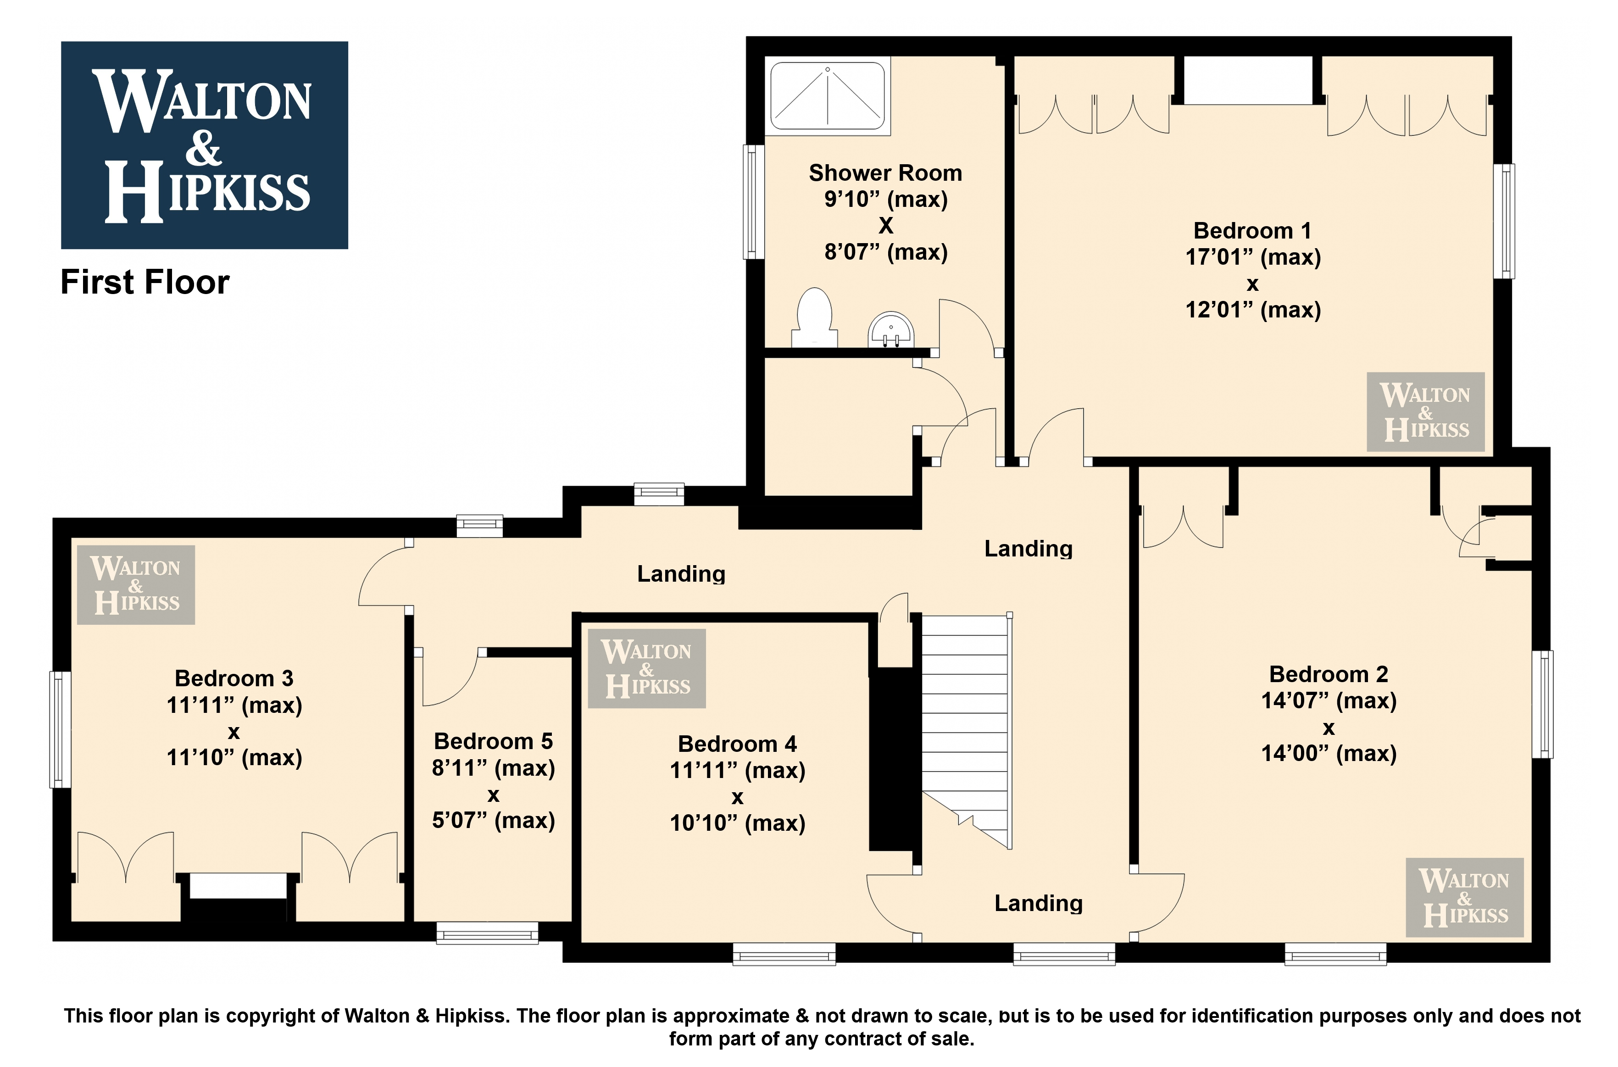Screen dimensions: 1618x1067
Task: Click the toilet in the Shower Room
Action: coord(814,317)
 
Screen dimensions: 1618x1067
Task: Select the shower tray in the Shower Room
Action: coord(828,95)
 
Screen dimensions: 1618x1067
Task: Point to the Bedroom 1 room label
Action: coord(1253,231)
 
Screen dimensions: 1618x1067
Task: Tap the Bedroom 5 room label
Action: coord(493,741)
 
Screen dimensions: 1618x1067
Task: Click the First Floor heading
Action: coord(145,282)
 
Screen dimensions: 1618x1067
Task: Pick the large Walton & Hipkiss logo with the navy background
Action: coord(205,145)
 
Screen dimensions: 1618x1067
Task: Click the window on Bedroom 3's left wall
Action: coord(61,729)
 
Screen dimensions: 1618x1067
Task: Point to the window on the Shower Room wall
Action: coord(753,202)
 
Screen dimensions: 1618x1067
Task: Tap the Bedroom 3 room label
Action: coord(234,678)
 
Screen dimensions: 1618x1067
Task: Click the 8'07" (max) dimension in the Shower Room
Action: coord(886,252)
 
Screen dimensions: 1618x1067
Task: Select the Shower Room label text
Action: coord(885,173)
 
